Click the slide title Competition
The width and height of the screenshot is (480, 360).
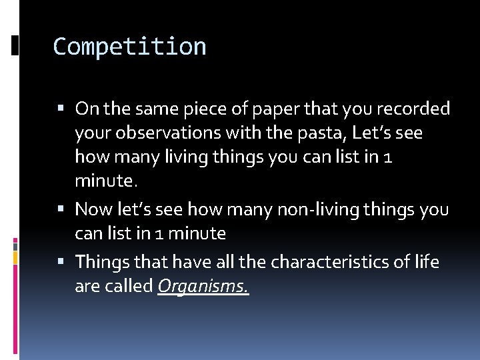click(x=129, y=47)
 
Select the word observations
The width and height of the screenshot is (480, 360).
click(x=167, y=133)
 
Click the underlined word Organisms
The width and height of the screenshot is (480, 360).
click(x=203, y=287)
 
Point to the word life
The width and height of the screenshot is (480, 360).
click(x=425, y=262)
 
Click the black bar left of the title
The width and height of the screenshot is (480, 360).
click(x=15, y=46)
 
